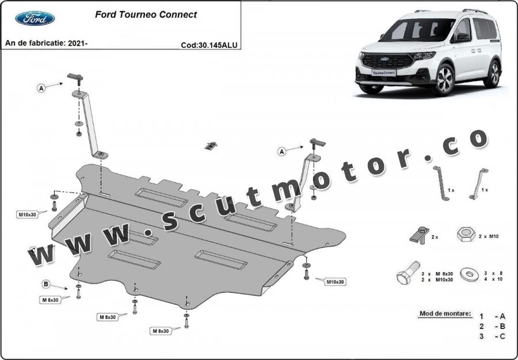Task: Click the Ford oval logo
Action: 35,18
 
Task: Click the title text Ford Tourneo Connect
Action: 146,14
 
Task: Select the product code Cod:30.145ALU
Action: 209,45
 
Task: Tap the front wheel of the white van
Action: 445,79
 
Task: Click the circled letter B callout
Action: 46,284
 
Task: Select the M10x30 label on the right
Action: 336,282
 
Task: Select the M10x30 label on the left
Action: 27,215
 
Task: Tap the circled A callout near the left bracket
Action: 41,88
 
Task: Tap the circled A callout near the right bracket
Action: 282,151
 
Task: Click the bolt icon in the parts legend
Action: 408,273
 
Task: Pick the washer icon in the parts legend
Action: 470,274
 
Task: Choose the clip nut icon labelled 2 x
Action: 420,235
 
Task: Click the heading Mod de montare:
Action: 445,313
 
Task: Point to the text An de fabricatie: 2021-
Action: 46,43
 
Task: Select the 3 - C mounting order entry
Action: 493,336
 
